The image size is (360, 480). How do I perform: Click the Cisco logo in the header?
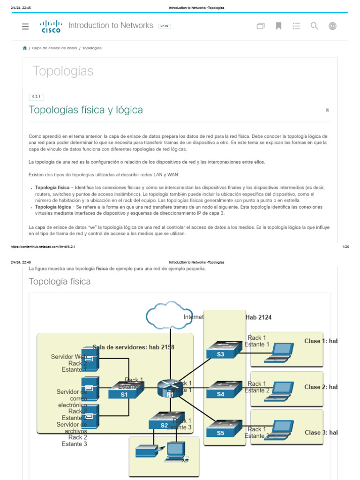pos(51,26)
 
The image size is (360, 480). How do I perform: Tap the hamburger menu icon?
pos(25,26)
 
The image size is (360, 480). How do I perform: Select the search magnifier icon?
pos(315,26)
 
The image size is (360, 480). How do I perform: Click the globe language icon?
pos(332,26)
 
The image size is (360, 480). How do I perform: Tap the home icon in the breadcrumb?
pos(25,48)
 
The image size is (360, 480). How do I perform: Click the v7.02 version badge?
pos(165,26)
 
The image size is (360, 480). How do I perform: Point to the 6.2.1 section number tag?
pos(36,97)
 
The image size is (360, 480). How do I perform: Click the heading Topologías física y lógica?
pos(86,110)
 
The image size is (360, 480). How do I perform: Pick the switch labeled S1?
pos(125,391)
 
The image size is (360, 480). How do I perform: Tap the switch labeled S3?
pos(222,351)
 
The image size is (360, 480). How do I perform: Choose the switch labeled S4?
pos(222,390)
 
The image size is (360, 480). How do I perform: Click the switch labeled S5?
pos(222,429)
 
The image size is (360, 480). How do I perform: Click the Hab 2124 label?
pos(258,317)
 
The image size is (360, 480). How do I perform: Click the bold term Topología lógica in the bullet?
pos(53,207)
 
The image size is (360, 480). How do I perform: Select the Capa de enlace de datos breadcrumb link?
pos(54,48)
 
